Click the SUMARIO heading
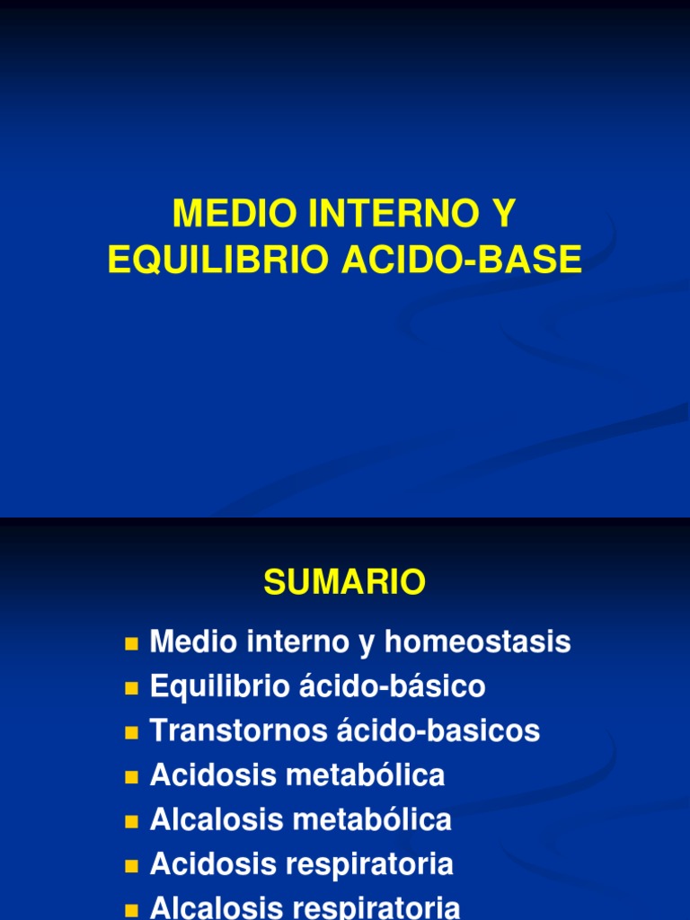[x=344, y=583]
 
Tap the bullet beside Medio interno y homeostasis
[x=132, y=644]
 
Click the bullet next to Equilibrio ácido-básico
[x=132, y=688]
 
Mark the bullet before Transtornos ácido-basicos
[x=132, y=732]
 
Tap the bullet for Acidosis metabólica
[x=132, y=776]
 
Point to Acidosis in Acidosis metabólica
[x=212, y=775]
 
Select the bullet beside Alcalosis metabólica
[x=132, y=820]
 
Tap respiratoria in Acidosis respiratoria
[x=368, y=864]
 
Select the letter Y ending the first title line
[x=505, y=214]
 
